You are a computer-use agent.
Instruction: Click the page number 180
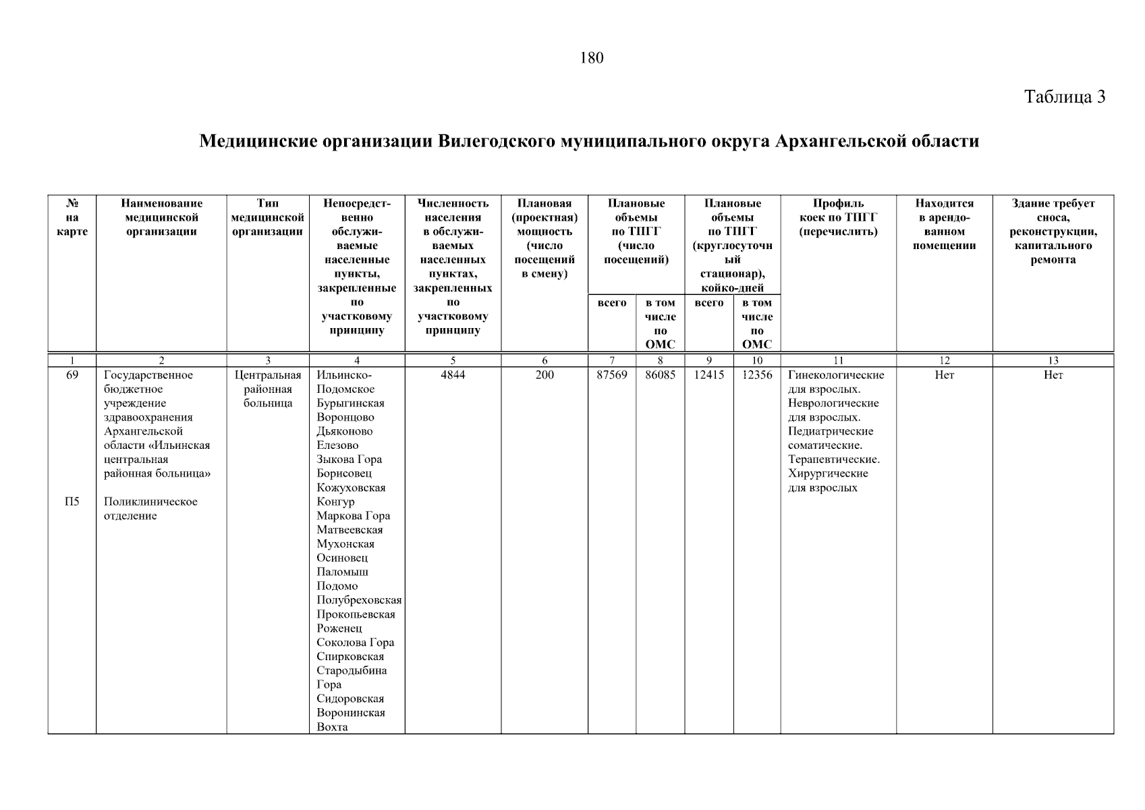point(591,58)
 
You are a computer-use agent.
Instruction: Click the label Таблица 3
point(1064,97)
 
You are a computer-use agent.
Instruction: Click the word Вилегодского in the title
point(497,142)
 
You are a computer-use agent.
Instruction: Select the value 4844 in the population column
point(453,375)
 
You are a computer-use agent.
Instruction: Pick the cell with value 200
point(544,375)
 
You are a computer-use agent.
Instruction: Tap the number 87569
point(612,375)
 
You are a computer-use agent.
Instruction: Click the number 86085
point(660,375)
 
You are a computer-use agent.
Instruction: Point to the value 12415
point(708,375)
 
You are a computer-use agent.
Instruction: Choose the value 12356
point(757,375)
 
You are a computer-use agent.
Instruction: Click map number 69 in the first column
point(72,375)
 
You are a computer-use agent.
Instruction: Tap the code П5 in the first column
point(72,502)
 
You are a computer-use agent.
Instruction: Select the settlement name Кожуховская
point(351,488)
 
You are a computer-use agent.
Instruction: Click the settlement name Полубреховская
point(358,600)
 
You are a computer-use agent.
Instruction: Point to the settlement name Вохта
point(332,727)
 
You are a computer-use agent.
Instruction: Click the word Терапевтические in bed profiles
point(833,460)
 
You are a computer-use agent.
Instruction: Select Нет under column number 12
point(944,375)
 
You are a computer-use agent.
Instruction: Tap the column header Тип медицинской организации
point(267,217)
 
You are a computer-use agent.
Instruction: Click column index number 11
point(838,360)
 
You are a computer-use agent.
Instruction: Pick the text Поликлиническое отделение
point(150,509)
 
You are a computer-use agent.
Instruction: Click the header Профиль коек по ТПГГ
point(838,217)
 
